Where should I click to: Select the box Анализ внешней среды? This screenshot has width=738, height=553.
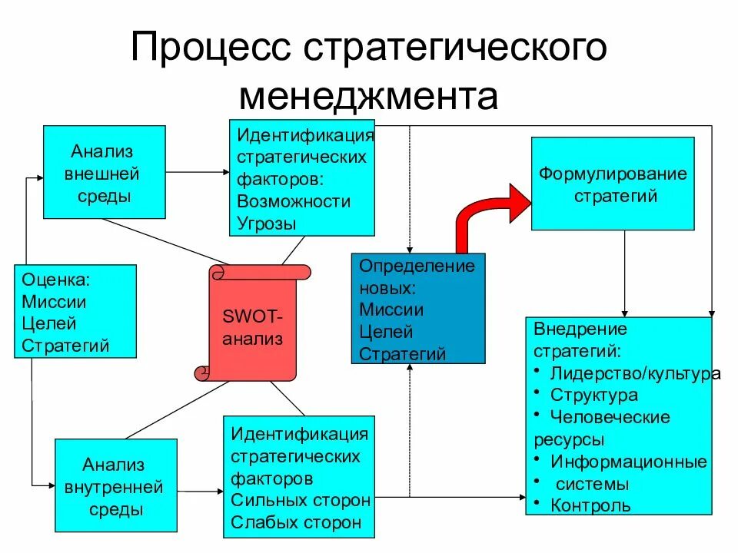tap(104, 172)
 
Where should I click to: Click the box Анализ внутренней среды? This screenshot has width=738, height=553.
tap(115, 486)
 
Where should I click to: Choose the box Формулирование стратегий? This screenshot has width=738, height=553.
tap(613, 184)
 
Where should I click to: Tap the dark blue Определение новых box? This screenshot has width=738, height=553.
tap(419, 308)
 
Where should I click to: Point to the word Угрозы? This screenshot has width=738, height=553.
tap(266, 224)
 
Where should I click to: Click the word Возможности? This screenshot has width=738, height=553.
tap(294, 201)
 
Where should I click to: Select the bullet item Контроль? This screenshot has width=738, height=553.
tap(591, 505)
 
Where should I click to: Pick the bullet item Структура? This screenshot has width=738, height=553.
tap(594, 396)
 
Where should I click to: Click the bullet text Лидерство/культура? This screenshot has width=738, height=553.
tap(635, 373)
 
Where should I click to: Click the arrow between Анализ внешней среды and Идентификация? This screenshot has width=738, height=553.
tap(197, 171)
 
